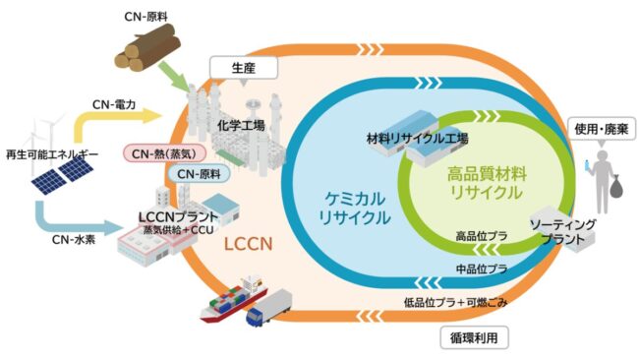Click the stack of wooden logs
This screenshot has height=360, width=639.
click(x=147, y=47)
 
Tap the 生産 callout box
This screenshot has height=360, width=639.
click(x=244, y=67)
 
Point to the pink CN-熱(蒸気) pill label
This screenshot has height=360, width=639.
click(x=164, y=153)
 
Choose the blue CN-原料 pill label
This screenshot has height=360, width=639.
click(x=199, y=174)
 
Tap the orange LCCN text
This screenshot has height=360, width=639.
click(x=248, y=244)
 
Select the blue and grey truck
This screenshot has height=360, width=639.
click(x=269, y=308)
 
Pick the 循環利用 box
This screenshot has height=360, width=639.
click(x=474, y=338)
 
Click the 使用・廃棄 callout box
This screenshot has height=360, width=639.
click(x=602, y=129)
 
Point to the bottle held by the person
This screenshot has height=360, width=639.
click(x=587, y=165)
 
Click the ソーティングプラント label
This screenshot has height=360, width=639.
click(x=562, y=231)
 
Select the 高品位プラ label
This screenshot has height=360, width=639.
click(x=482, y=236)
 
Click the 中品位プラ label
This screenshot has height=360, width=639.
click(x=482, y=269)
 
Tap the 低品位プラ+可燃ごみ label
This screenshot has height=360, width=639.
click(x=455, y=303)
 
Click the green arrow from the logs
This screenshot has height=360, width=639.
click(x=172, y=77)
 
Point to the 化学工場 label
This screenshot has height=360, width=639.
click(x=241, y=125)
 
